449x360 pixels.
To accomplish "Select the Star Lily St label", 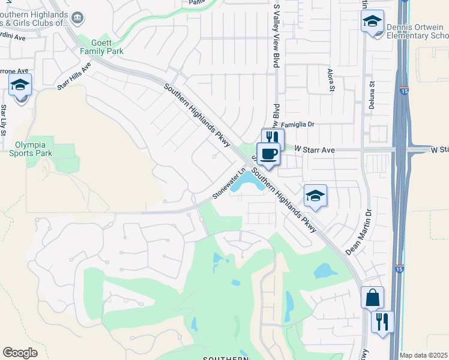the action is pos(4,120).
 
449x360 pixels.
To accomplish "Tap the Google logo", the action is pos(20,353).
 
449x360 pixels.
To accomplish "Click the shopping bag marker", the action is pos(372,297).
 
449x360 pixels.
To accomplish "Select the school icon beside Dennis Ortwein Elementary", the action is pos(372,23).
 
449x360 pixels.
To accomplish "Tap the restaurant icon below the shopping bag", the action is pos(382,322).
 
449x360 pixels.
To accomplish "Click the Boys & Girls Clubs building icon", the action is pos(78,19).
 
